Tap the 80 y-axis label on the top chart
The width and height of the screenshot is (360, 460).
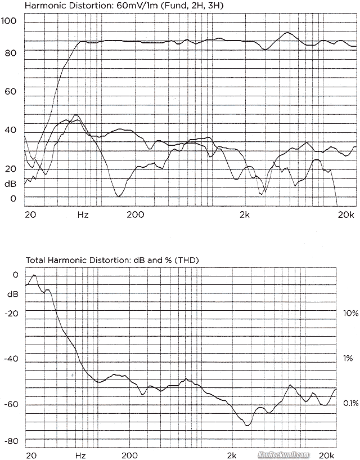(10, 53)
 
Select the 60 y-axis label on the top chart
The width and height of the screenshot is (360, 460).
(10, 92)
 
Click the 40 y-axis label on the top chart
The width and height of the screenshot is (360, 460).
(10, 130)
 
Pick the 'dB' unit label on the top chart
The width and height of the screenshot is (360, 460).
(10, 184)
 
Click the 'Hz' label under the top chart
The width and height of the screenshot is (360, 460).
(83, 215)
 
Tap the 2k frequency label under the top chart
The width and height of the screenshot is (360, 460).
(244, 215)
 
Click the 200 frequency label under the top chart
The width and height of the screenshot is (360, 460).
(135, 215)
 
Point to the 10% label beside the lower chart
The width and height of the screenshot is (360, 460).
(349, 312)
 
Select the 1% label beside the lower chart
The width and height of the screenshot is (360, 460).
(349, 358)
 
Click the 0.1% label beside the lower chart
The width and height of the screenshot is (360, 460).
(350, 404)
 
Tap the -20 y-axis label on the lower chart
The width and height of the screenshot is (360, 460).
(11, 314)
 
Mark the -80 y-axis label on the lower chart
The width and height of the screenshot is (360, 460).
(11, 441)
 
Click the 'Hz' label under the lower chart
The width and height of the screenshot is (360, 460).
(80, 455)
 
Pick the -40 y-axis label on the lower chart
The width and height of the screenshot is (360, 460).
(11, 359)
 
